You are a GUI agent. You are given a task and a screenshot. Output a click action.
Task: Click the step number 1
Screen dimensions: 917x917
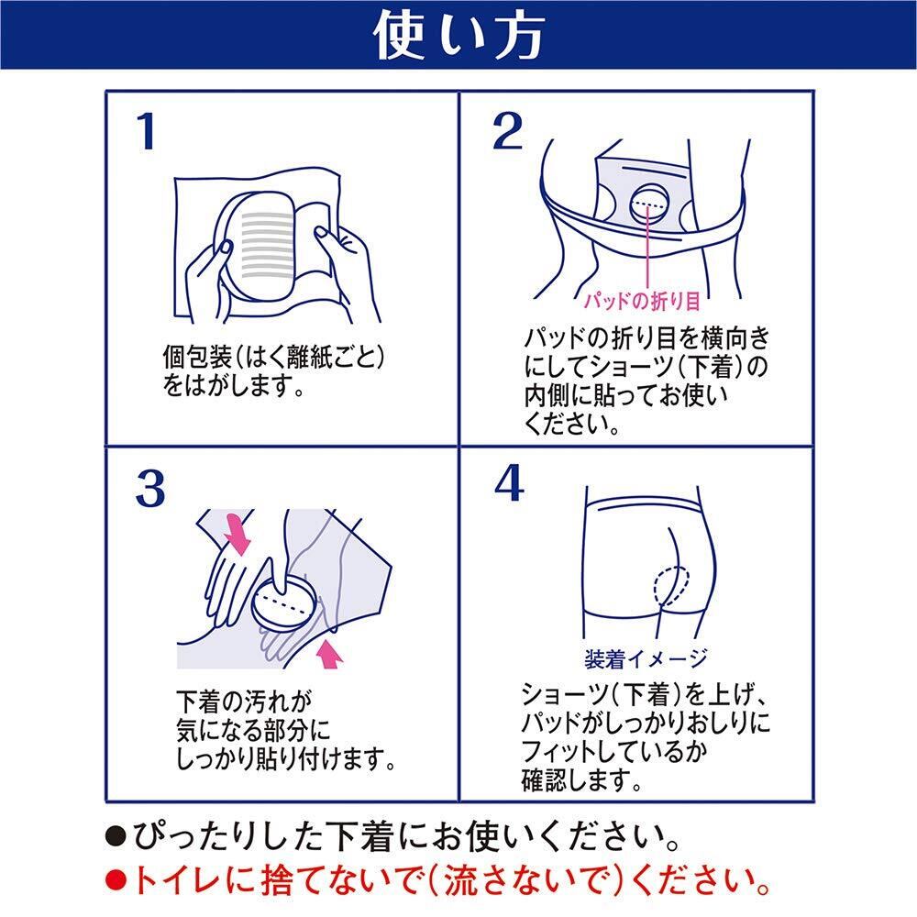146,134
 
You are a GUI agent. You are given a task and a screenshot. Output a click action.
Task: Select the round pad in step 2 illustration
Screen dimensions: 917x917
651,204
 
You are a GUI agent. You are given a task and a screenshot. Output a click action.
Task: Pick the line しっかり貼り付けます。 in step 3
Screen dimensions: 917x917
284,758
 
